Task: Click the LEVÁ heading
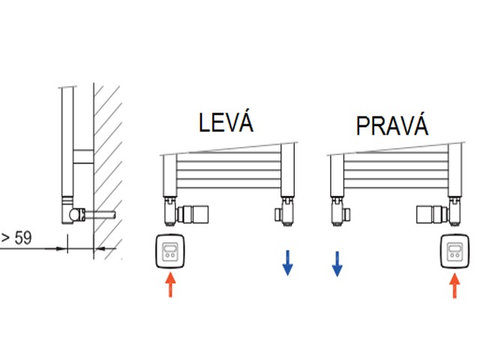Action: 226,122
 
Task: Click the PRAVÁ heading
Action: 392,125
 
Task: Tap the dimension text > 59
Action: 16,238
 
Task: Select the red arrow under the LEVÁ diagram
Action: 170,285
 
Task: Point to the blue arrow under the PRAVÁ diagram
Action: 337,264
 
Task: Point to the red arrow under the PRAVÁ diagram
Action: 453,286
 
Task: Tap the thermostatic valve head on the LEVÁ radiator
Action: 197,214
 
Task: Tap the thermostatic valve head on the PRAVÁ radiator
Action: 427,214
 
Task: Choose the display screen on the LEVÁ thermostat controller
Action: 170,247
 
